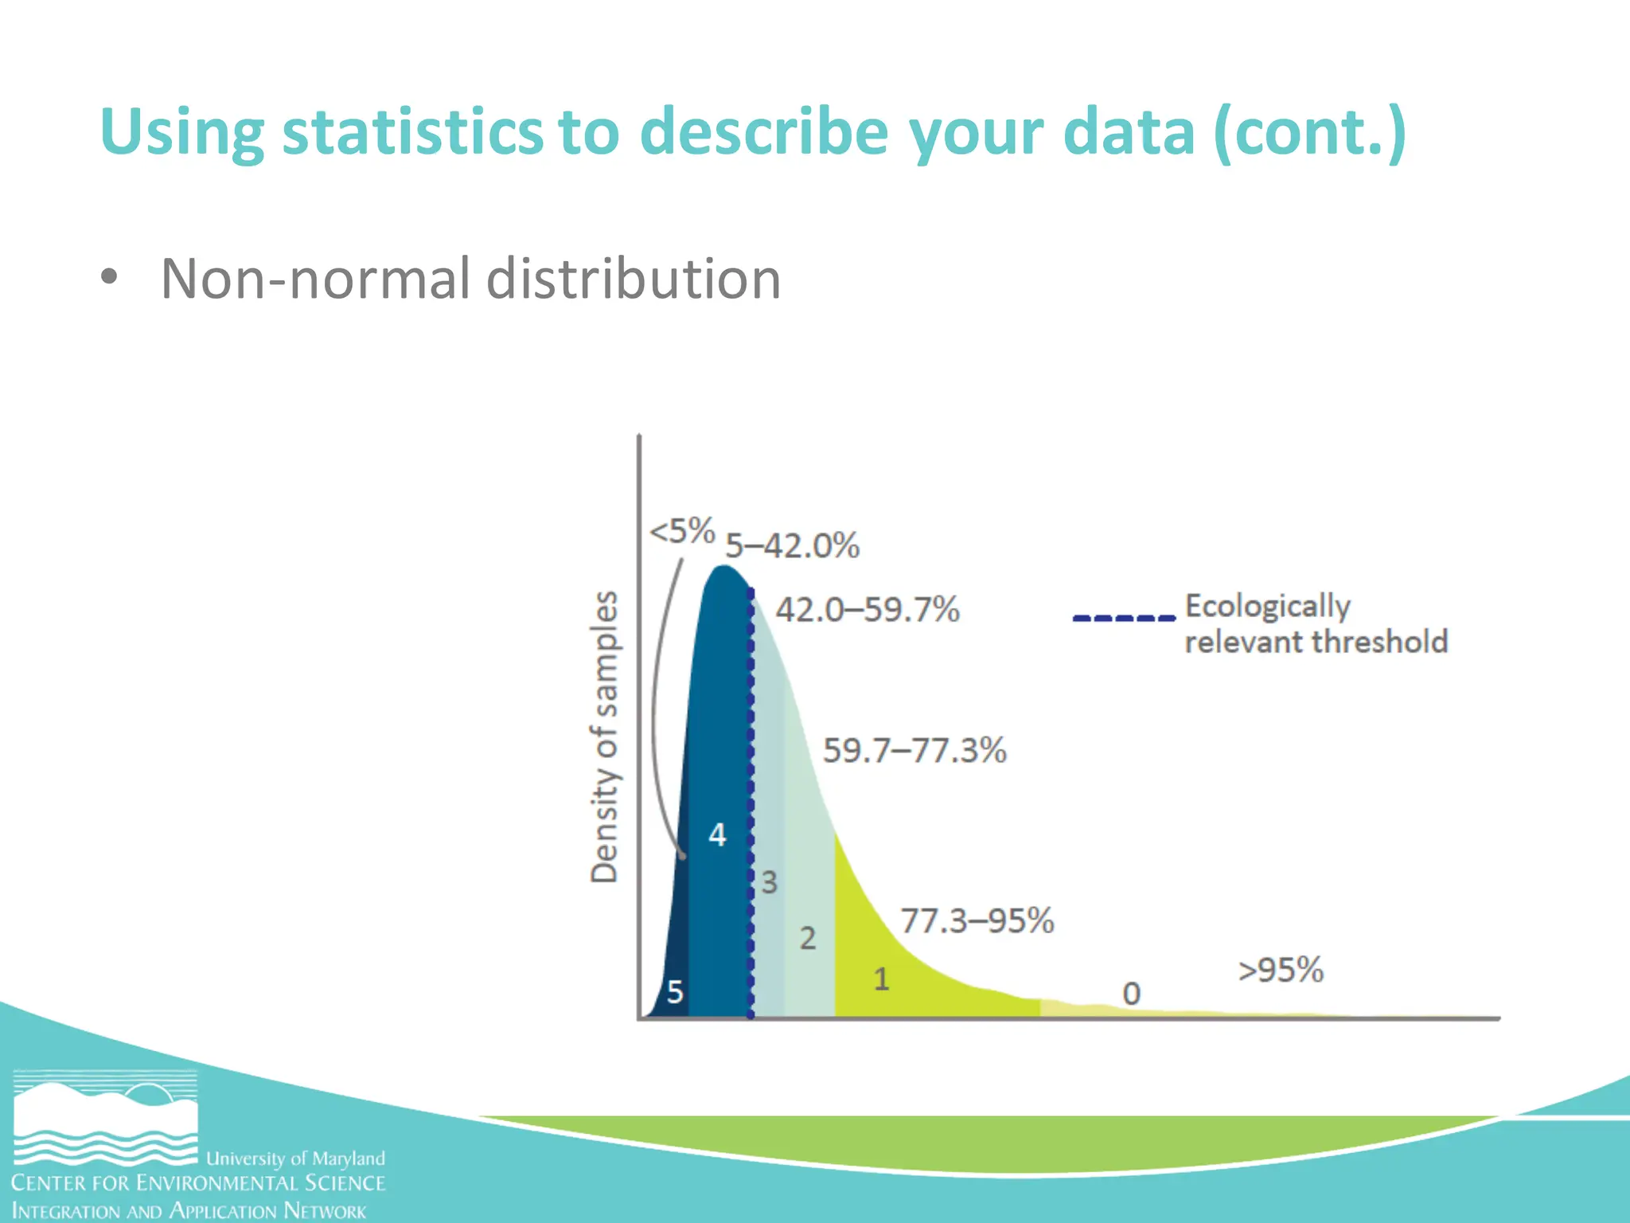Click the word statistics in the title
(x=411, y=131)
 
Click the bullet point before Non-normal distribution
(x=109, y=277)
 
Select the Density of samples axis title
(x=604, y=737)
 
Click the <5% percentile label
(x=682, y=531)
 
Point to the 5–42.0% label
(x=792, y=546)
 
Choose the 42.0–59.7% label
(x=868, y=610)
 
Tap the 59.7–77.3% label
(x=914, y=751)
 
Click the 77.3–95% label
(x=977, y=921)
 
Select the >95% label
(x=1281, y=970)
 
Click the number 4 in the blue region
(x=717, y=835)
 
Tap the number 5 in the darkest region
(x=675, y=992)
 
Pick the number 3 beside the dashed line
(x=769, y=882)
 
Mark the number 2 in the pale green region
(x=808, y=938)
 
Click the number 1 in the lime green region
(x=881, y=979)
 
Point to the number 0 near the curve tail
(x=1131, y=994)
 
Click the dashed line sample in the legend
(x=1123, y=618)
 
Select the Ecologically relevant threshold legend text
(x=1315, y=624)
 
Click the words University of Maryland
(x=295, y=1159)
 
